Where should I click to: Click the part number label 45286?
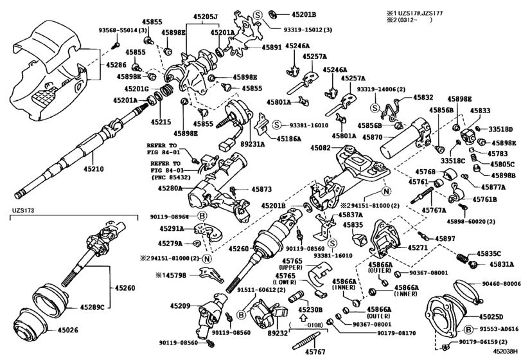116,65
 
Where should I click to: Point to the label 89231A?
252,145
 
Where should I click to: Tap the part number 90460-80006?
500,283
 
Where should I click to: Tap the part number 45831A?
502,264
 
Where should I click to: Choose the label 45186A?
290,138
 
